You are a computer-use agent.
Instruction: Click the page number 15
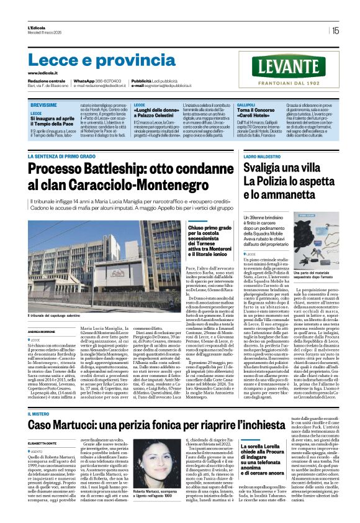click(x=335, y=30)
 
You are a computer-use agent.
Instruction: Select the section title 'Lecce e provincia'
click(x=93, y=60)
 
